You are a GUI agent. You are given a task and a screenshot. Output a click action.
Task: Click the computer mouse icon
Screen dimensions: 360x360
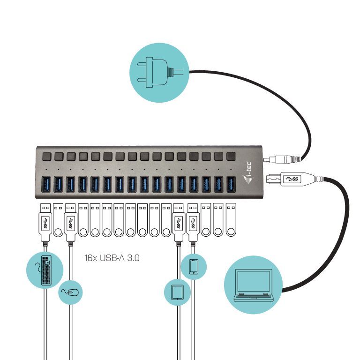point(71,293)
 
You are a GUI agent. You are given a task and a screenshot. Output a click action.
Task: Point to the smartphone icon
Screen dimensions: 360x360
point(193,266)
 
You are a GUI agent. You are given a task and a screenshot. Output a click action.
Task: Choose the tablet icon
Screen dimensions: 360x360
point(178,292)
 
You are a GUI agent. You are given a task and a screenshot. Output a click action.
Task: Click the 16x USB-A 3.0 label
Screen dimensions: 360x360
point(113,258)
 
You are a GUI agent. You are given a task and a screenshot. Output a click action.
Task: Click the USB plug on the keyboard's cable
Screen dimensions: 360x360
point(45,223)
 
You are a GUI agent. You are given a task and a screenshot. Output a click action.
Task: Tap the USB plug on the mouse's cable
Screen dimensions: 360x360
point(70,223)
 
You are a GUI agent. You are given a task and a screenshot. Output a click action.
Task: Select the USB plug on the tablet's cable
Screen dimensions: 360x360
point(178,223)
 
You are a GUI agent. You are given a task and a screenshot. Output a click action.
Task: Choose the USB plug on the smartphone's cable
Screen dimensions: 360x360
point(193,223)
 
